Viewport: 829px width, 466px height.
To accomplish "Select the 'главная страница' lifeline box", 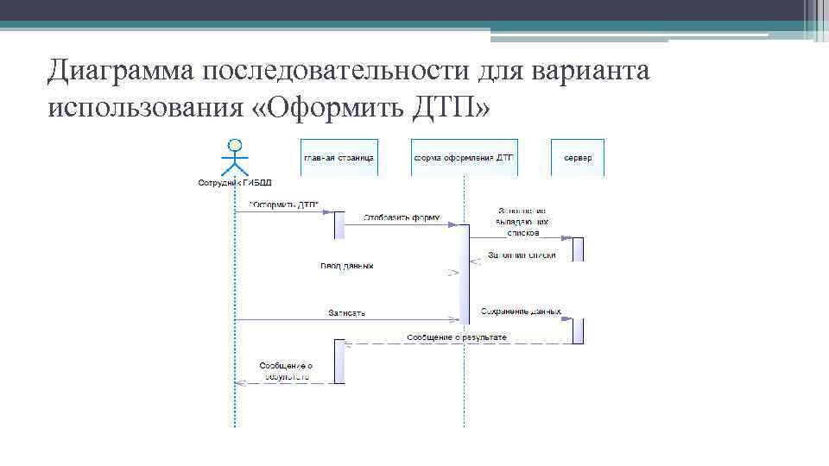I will (x=339, y=158).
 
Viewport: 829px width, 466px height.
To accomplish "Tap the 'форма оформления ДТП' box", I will (x=464, y=158).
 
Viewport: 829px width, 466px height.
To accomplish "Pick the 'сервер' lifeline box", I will (x=578, y=158).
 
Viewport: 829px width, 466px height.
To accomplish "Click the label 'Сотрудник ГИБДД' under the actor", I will (x=234, y=183).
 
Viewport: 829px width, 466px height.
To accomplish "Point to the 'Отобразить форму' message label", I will (x=402, y=217).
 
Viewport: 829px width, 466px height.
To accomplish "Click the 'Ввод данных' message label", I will (x=347, y=266).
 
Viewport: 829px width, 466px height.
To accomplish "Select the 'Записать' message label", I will (x=346, y=312).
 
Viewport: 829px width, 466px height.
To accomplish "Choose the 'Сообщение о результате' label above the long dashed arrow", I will (x=456, y=336).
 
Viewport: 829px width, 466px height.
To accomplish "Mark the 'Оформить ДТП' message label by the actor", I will (x=284, y=205).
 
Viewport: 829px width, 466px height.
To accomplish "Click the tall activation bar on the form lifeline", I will (x=464, y=274).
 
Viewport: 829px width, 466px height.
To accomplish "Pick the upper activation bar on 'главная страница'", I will (x=339, y=224).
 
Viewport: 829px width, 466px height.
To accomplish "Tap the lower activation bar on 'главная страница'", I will (x=339, y=362).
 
